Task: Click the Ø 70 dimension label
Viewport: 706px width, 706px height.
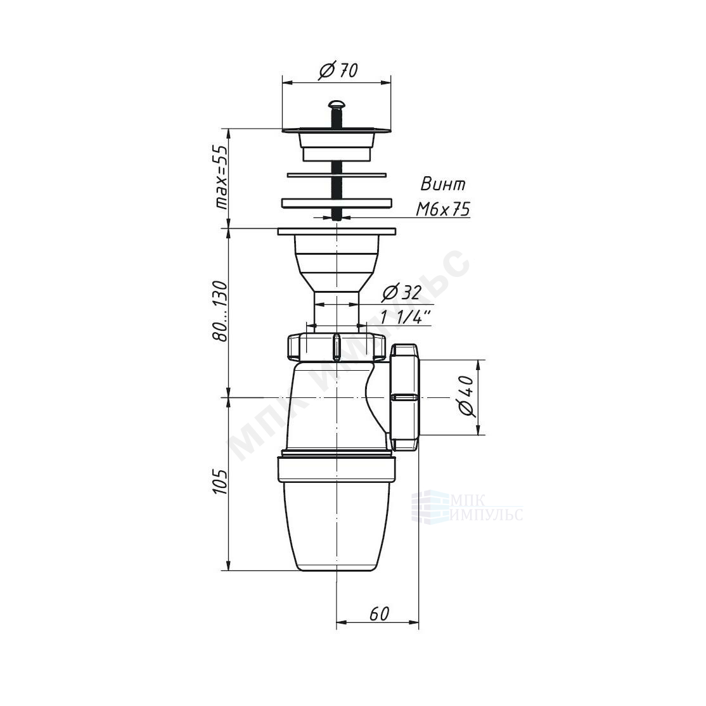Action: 338,71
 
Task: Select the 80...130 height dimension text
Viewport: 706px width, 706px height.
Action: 221,311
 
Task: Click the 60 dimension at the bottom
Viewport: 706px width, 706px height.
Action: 378,613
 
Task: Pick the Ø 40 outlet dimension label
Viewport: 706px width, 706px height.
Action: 466,396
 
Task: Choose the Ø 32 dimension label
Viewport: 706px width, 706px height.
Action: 401,293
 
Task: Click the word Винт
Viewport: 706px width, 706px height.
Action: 443,184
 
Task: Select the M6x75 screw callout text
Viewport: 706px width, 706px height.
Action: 443,209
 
